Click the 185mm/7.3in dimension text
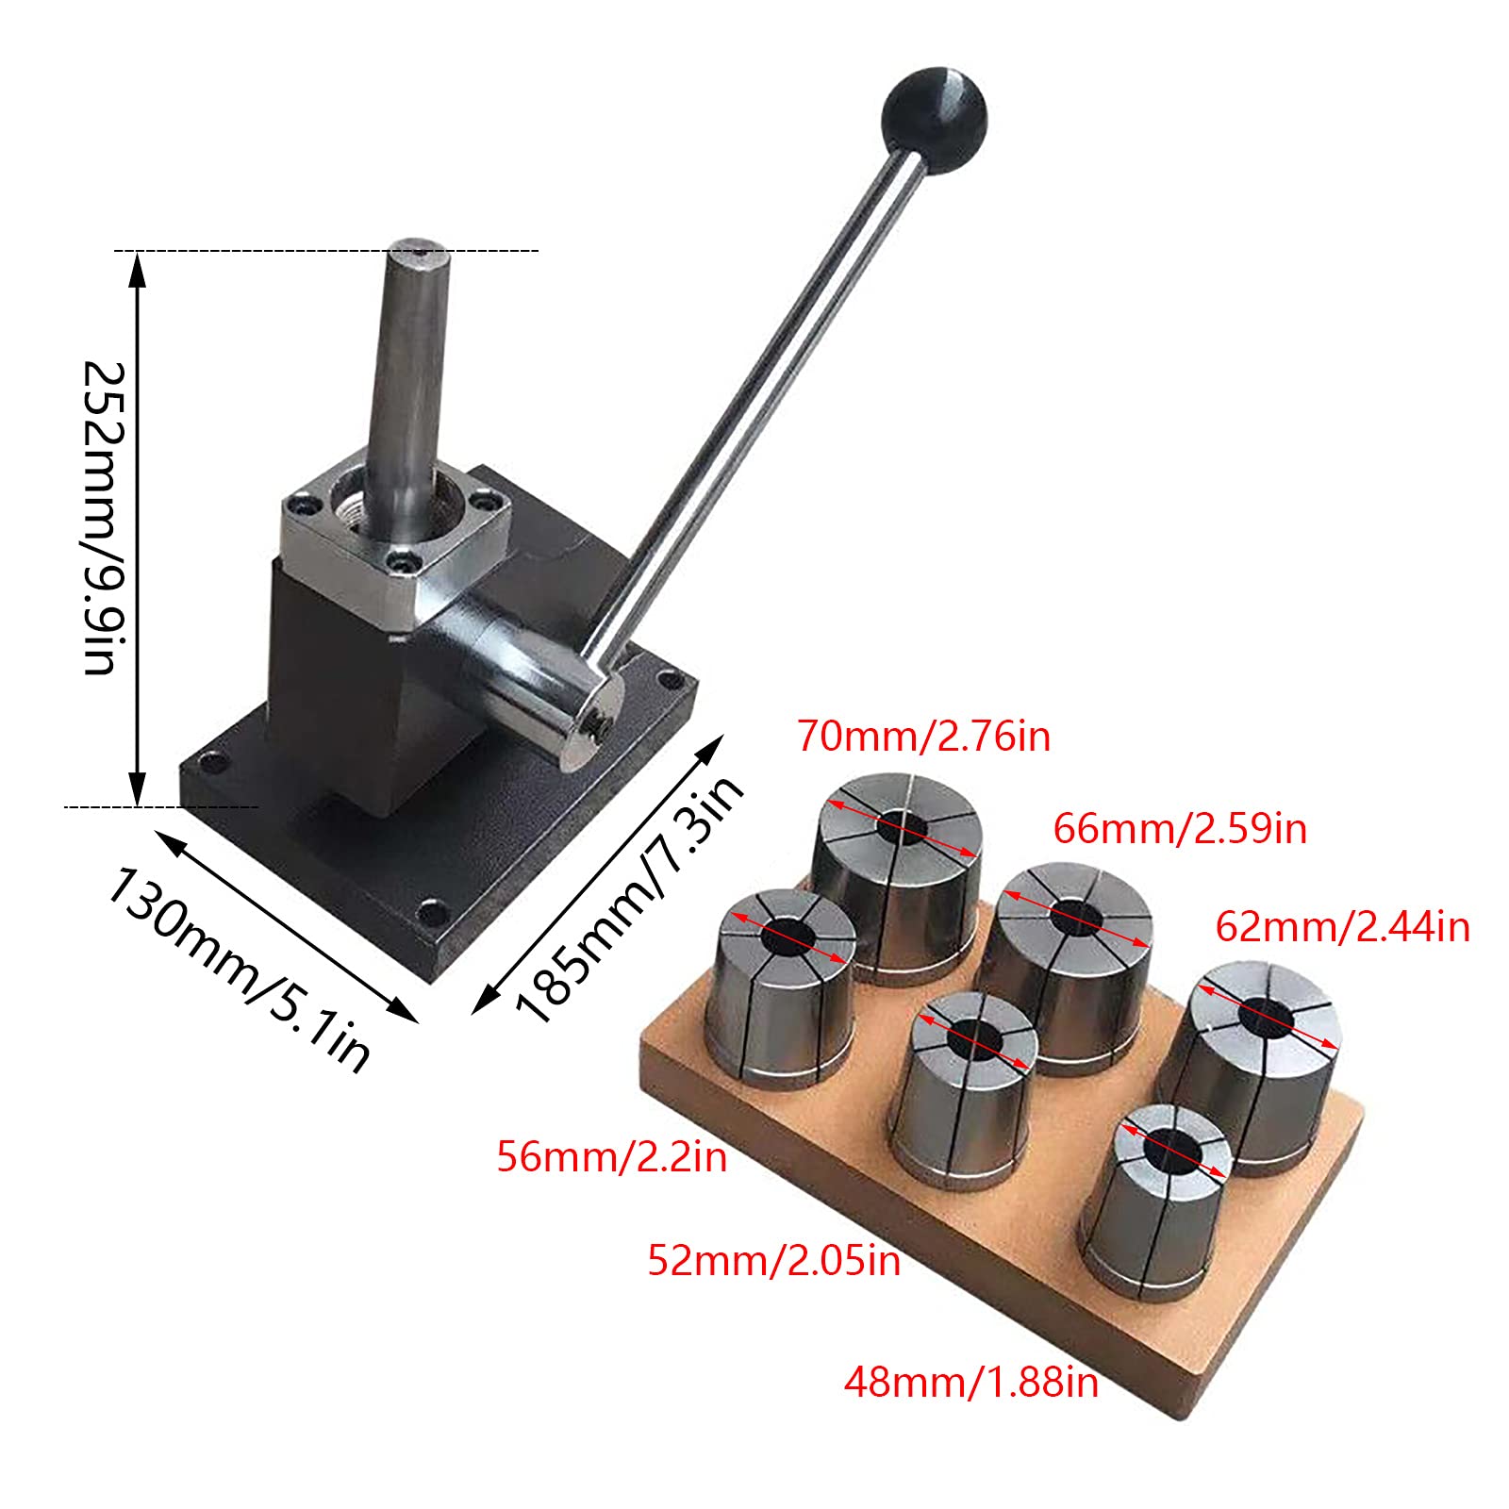point(628,901)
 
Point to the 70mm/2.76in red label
point(923,737)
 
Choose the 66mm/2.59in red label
point(1179,829)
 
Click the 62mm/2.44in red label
point(1341,927)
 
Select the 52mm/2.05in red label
point(773,1260)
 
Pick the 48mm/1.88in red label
point(970,1383)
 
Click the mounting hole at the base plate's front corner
point(431,912)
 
